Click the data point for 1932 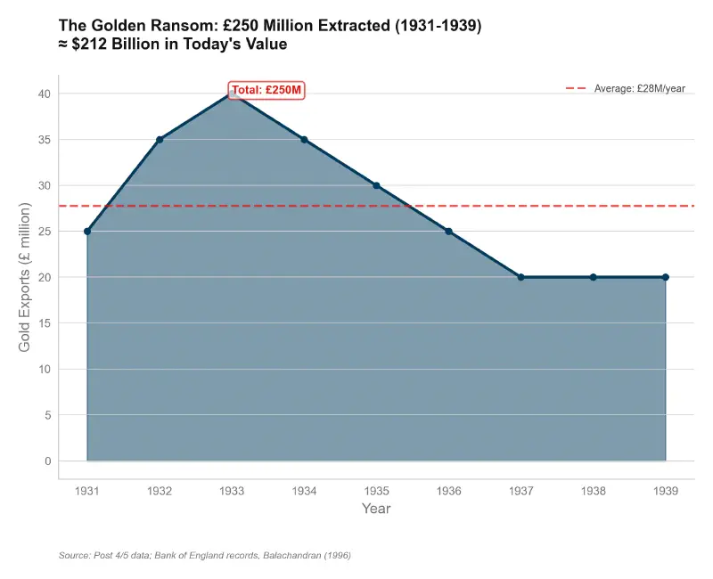tap(160, 140)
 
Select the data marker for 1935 tap(376, 185)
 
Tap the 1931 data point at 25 tap(87, 232)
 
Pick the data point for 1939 tap(666, 277)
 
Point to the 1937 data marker tap(521, 277)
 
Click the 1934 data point tap(304, 140)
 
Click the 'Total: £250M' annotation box tap(267, 90)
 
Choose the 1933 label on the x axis tap(232, 491)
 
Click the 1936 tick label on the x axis tap(448, 491)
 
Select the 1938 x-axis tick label tap(594, 491)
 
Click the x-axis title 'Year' tap(376, 509)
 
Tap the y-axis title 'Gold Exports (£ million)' tap(25, 277)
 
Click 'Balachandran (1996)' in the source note tap(306, 556)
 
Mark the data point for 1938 tap(594, 277)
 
